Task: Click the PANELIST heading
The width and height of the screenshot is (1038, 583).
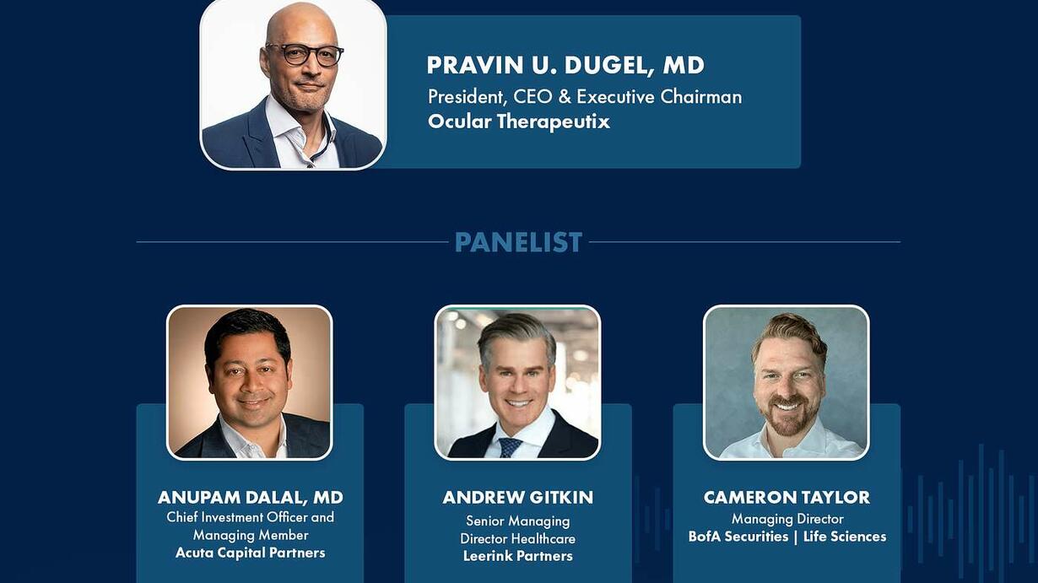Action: coord(518,242)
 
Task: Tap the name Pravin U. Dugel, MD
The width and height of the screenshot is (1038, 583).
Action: coord(565,65)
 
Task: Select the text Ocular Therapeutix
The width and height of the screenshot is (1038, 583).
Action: coord(518,121)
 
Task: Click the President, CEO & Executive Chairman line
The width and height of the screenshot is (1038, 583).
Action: coord(585,97)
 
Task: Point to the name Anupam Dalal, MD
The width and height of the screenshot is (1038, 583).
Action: coord(251,497)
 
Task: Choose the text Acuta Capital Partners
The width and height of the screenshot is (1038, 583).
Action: coord(251,553)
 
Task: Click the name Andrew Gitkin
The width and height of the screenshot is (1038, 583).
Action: coord(518,497)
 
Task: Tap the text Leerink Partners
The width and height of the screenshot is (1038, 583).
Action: coord(518,556)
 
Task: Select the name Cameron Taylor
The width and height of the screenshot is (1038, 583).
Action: coord(787,497)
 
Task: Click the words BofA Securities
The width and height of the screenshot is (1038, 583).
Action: coord(738,537)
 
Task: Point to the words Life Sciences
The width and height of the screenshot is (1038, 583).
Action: coord(845,537)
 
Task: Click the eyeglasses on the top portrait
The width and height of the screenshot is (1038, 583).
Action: coord(305,54)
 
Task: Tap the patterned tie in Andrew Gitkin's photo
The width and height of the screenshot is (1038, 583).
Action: coord(509,448)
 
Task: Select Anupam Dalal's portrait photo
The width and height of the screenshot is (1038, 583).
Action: coord(250,383)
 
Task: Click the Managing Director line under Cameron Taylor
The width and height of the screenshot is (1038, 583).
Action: coord(787,519)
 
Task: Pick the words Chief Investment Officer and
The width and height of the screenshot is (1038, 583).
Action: coord(251,516)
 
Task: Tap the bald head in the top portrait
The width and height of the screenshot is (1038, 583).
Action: coord(301,23)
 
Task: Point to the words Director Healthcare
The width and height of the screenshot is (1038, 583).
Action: coord(517,538)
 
